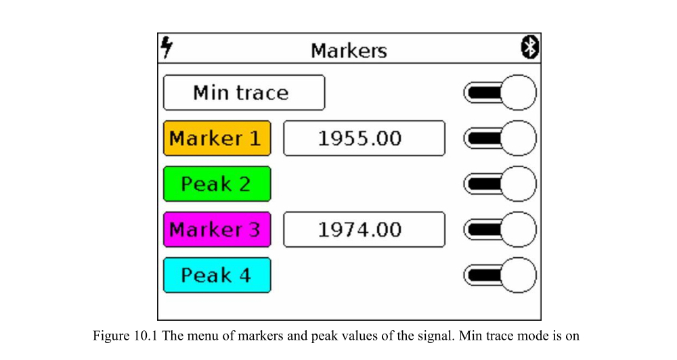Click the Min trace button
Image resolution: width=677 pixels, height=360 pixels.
coord(244,93)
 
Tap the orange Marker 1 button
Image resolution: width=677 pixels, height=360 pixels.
coord(217,138)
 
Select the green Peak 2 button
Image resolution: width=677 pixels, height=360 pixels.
coord(217,184)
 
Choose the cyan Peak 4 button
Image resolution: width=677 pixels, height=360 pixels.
coord(217,275)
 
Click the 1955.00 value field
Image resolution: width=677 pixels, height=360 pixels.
coord(364,138)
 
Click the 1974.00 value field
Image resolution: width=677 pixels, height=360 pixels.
coord(364,229)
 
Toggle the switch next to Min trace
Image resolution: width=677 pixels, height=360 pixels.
coord(500,93)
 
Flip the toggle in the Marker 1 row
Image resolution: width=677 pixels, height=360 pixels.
coord(500,138)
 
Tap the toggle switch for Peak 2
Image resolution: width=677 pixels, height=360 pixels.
coord(500,184)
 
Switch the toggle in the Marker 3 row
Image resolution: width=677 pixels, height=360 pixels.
coord(500,229)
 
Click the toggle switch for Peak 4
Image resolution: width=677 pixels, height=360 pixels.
coord(500,275)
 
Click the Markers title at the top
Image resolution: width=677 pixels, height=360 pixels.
coord(349,50)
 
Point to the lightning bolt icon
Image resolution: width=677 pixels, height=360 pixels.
coord(167,47)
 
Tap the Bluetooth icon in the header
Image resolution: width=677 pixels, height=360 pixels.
coord(530,48)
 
